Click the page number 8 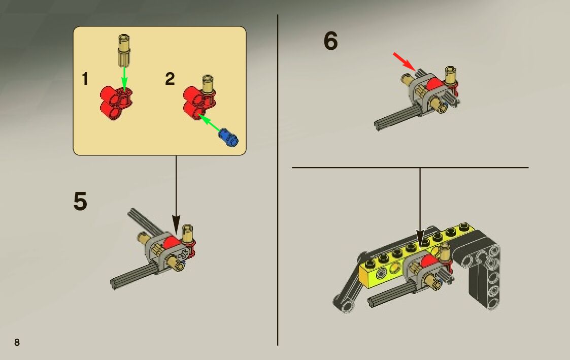coord(17,342)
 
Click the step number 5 coord(80,201)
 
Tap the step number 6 coord(330,40)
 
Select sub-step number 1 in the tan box coord(85,79)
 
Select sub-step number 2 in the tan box coord(170,79)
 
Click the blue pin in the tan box coord(228,138)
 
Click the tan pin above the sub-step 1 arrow coord(124,50)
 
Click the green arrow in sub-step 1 coord(124,78)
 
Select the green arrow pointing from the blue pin coord(210,123)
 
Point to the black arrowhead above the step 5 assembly coord(176,225)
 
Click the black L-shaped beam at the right coord(482,269)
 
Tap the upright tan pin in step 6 coord(451,75)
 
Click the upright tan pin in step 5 coord(187,234)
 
